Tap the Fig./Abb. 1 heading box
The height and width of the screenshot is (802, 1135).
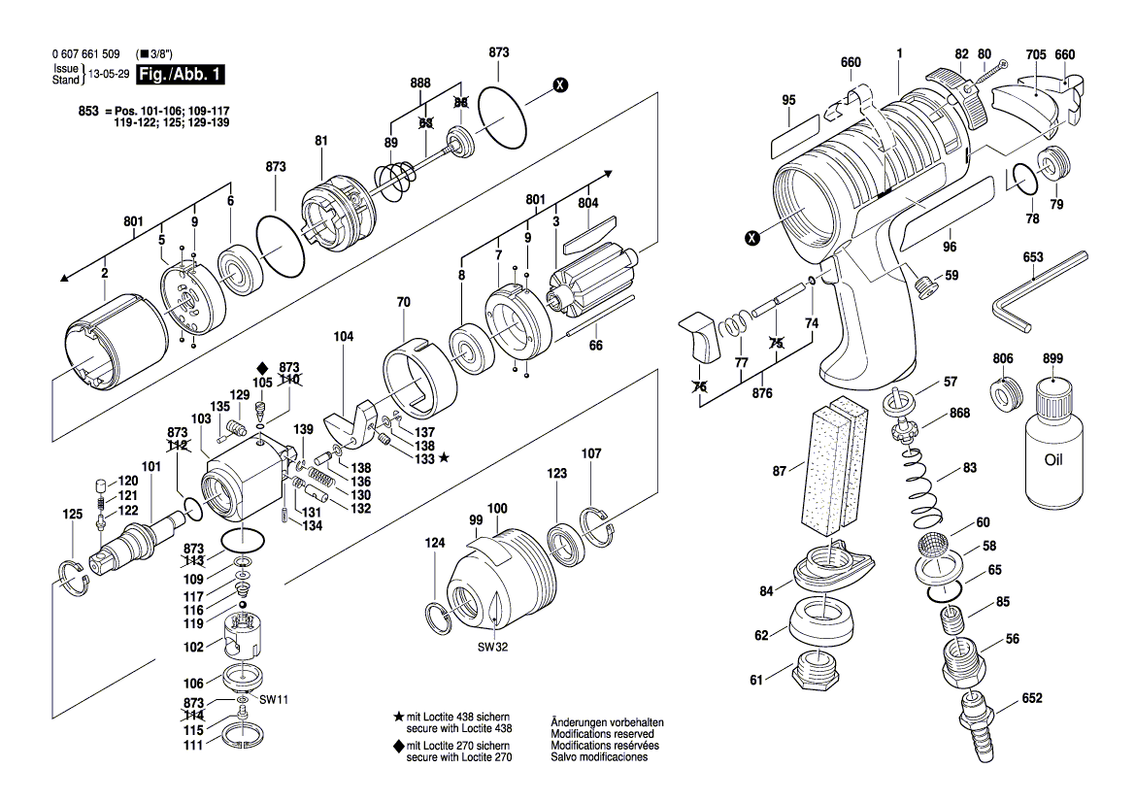tap(180, 75)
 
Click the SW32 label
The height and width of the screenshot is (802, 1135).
tap(492, 648)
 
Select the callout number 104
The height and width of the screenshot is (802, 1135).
tap(343, 336)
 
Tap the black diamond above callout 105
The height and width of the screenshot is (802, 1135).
tap(261, 367)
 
